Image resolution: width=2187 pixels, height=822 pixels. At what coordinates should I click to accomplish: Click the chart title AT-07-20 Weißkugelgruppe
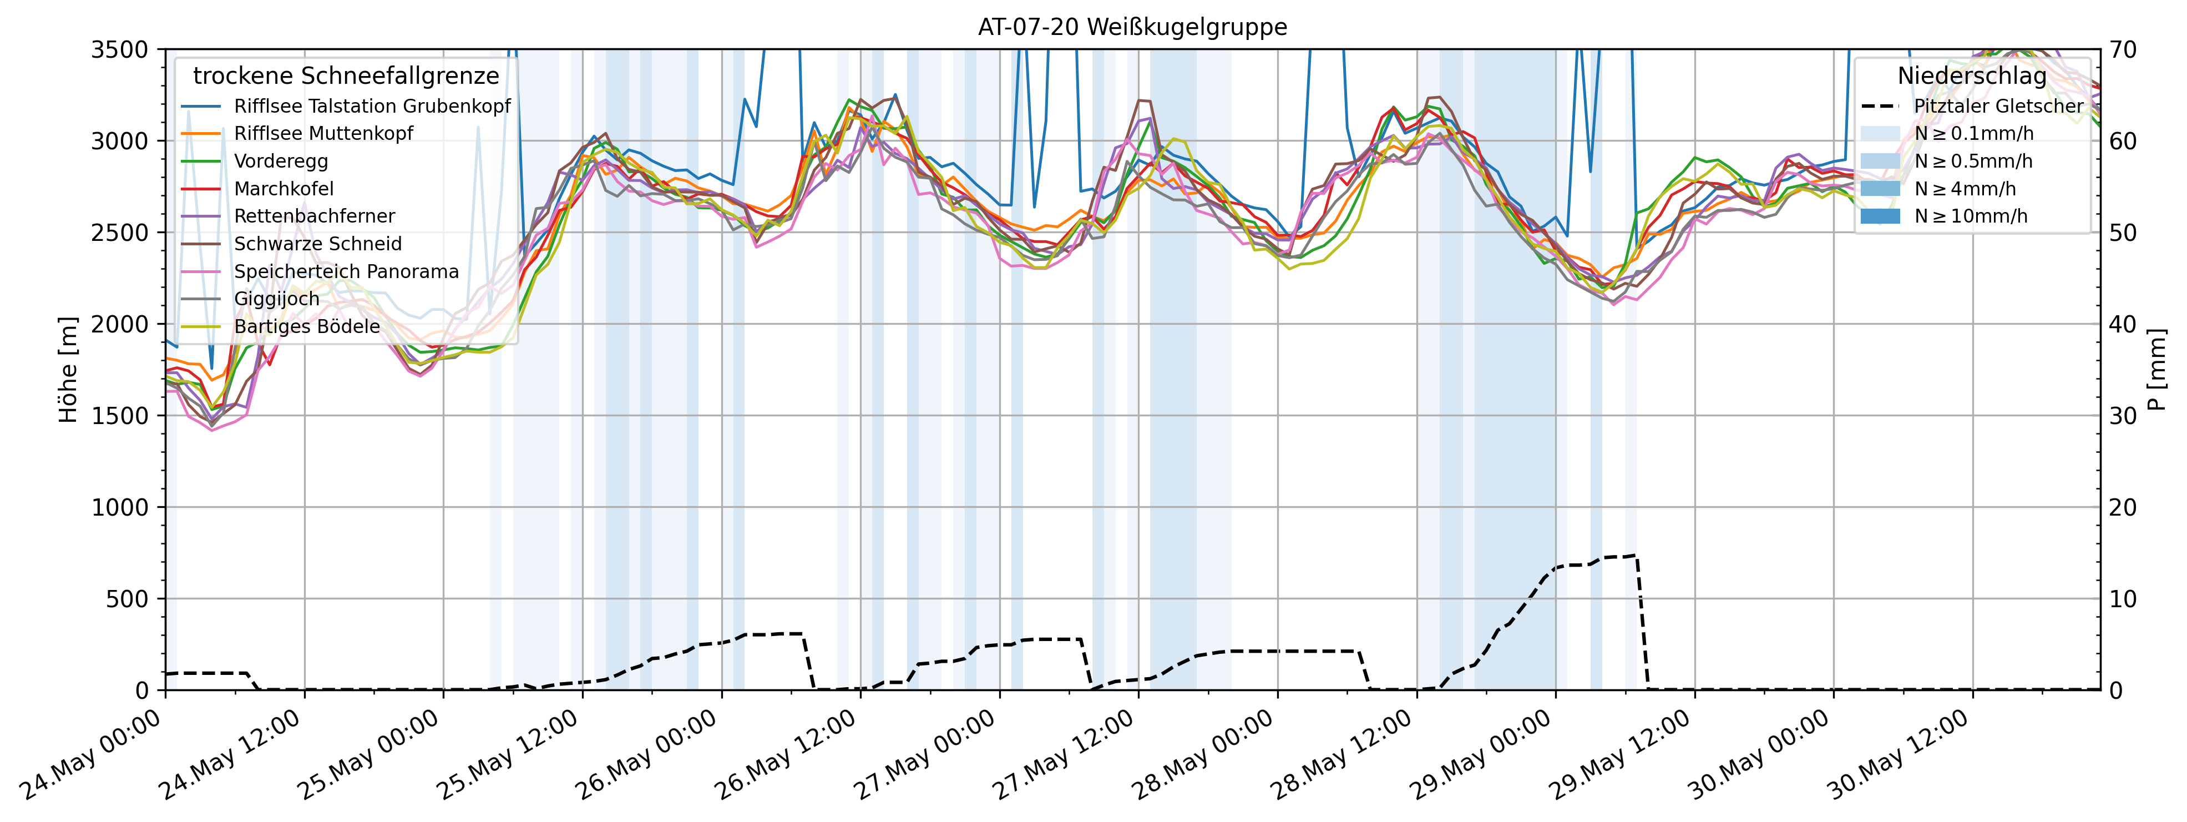(x=1132, y=27)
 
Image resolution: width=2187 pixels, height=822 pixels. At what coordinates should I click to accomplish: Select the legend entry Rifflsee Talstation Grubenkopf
(x=372, y=106)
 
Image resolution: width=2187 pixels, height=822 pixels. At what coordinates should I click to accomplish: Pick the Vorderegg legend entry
(x=281, y=162)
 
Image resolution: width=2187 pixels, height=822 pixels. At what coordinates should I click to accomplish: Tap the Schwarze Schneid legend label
(x=317, y=244)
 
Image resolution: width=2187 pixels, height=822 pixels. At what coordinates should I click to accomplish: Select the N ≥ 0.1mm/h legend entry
(x=1973, y=133)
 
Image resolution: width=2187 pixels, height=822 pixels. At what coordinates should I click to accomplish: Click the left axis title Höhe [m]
(x=68, y=370)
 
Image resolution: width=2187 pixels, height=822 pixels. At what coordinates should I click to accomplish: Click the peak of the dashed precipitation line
(x=1634, y=556)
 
